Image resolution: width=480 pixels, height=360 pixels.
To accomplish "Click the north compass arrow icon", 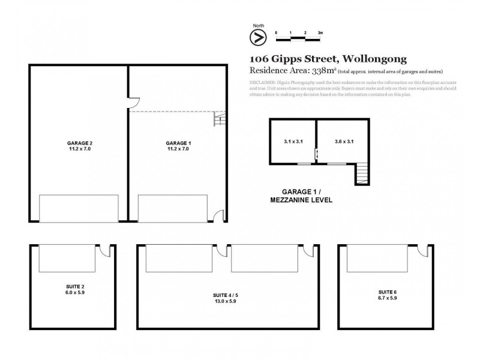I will [258, 37].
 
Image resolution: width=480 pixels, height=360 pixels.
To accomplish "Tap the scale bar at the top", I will [298, 38].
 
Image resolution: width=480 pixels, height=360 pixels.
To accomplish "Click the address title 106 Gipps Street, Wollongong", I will [328, 59].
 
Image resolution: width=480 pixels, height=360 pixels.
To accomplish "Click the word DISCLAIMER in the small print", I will [262, 82].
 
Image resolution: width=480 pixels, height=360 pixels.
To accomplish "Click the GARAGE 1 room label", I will [178, 143].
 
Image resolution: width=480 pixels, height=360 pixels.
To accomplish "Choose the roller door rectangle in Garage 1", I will [174, 208].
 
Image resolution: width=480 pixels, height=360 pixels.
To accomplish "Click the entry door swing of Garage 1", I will [218, 215].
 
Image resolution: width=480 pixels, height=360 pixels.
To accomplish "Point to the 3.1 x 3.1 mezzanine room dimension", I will [293, 142].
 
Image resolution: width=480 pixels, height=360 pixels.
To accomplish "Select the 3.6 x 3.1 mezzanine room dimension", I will [344, 142].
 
